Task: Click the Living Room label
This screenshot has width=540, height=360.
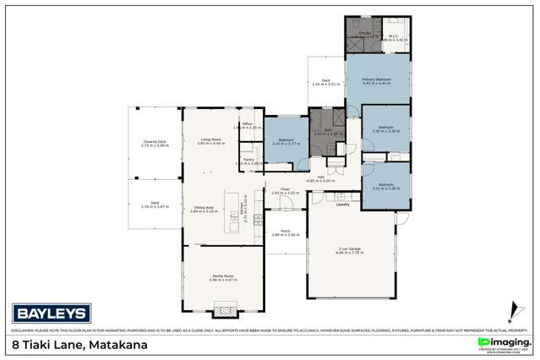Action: point(210,139)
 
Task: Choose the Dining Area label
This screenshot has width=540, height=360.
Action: point(203,207)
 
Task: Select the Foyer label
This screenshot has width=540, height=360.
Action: point(286,189)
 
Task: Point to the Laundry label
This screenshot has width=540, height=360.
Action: point(342,205)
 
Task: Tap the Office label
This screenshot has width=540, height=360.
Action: point(248,124)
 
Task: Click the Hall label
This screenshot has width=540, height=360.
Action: point(321,177)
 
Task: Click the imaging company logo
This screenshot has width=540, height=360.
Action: point(499,341)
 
